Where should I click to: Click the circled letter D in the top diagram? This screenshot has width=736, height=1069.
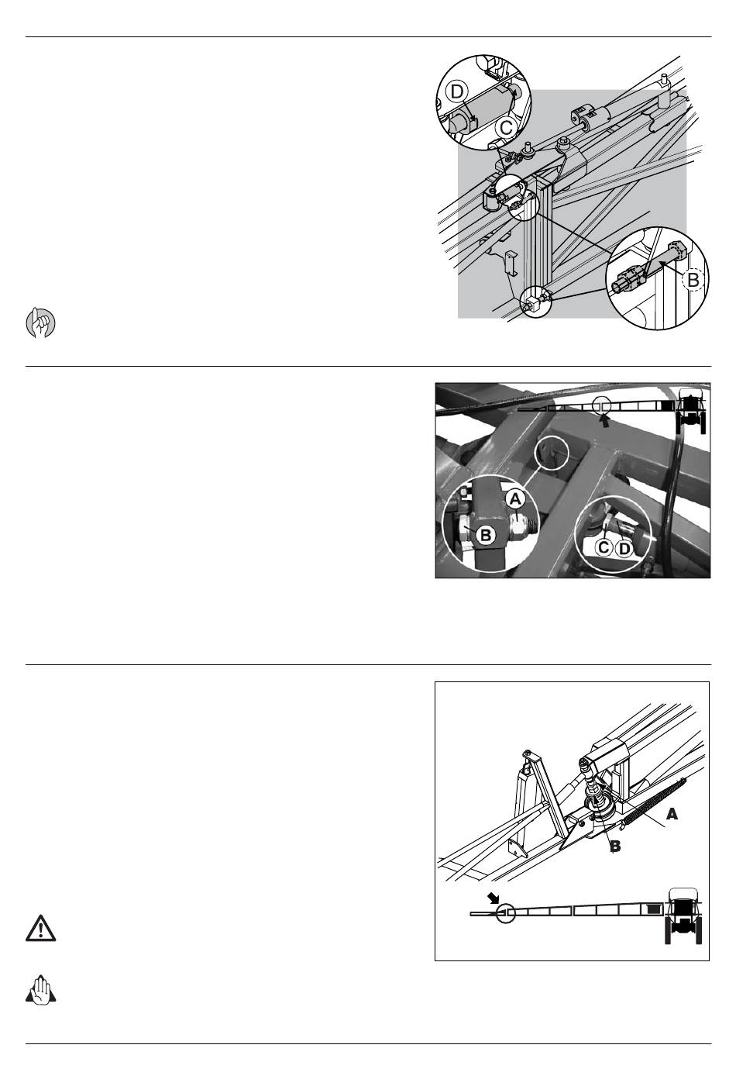[x=457, y=91]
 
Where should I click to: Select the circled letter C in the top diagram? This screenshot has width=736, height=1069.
[x=506, y=128]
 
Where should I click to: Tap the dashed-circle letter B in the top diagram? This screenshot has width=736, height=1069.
[x=693, y=280]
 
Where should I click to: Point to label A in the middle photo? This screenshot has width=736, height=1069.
[x=515, y=499]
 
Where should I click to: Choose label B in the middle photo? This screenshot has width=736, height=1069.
[x=486, y=535]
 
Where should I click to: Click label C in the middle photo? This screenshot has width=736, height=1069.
[x=604, y=547]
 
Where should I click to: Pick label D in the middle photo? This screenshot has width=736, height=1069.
[x=624, y=548]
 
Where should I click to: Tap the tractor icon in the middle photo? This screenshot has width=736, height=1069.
[x=691, y=409]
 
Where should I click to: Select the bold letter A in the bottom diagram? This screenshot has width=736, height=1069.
[x=672, y=815]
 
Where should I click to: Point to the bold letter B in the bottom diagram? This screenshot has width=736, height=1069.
[x=615, y=847]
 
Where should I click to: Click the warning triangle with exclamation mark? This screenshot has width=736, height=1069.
[x=40, y=928]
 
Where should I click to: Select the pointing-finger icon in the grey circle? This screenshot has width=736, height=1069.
[x=40, y=323]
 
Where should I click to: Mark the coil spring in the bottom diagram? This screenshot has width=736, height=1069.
[x=655, y=802]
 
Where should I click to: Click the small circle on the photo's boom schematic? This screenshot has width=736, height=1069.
[x=601, y=405]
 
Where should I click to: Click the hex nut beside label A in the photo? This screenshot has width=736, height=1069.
[x=520, y=527]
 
